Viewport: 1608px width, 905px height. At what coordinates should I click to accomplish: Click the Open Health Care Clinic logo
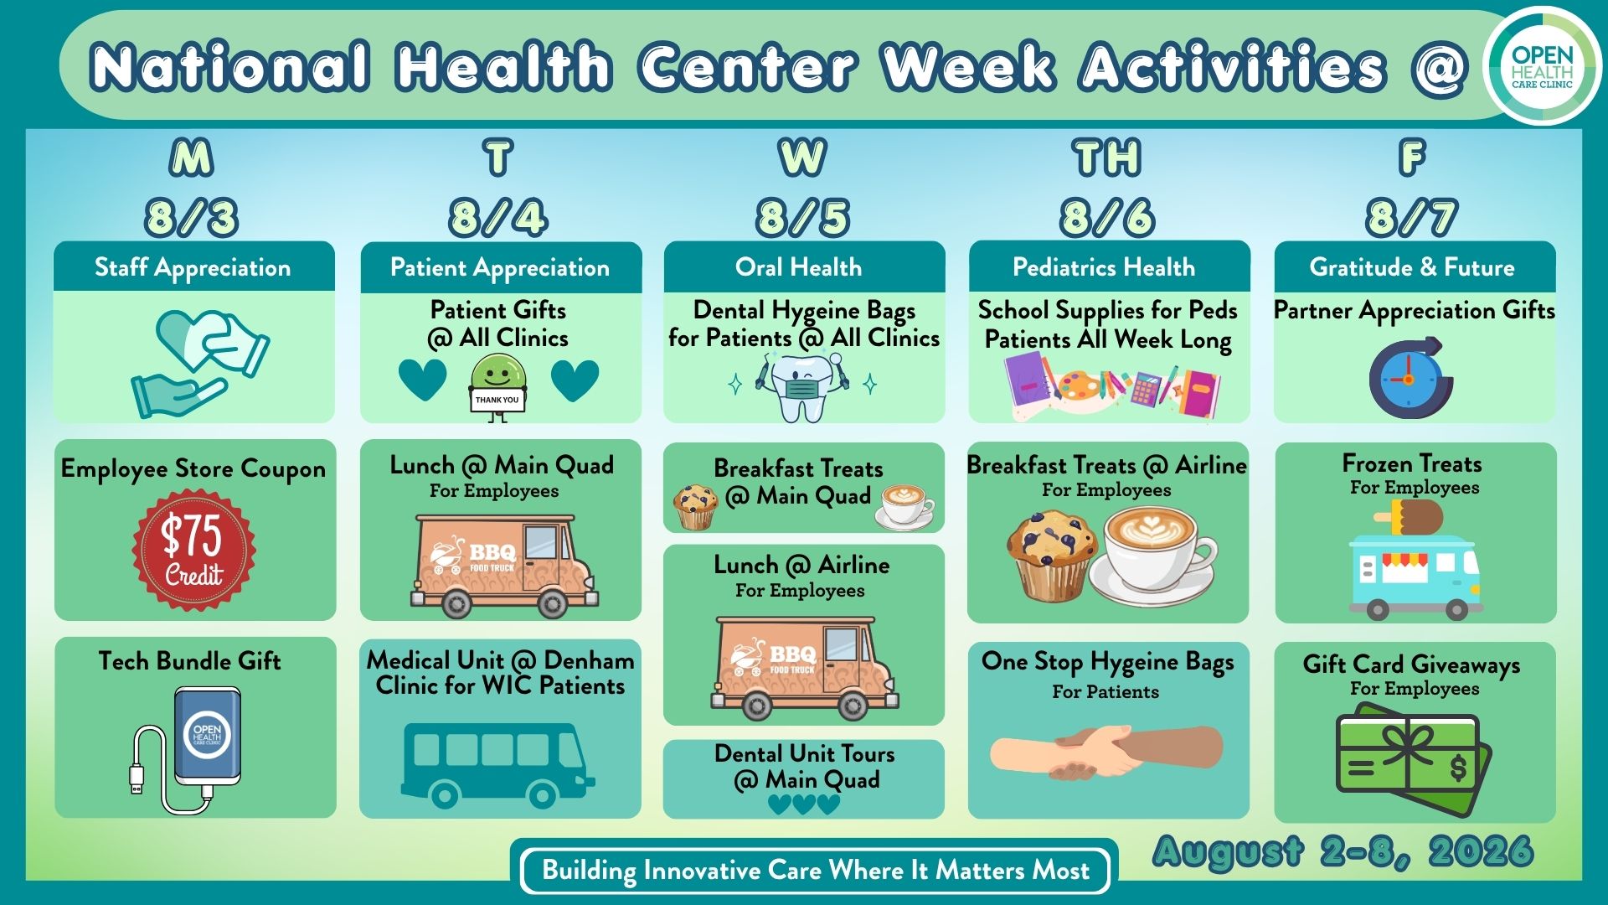(x=1542, y=66)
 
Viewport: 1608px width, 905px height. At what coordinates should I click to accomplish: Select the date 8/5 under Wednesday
(x=803, y=217)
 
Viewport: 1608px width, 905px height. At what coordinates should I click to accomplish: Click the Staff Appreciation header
(x=193, y=267)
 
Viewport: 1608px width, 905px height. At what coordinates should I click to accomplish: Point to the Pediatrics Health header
(x=1104, y=267)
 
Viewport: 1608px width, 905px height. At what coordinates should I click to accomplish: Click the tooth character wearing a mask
(x=801, y=386)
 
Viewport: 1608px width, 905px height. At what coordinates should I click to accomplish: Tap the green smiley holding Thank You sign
(x=498, y=386)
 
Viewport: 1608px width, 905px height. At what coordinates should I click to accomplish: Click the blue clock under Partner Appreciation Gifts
(x=1410, y=379)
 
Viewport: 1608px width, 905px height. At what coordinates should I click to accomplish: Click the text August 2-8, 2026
(x=1343, y=852)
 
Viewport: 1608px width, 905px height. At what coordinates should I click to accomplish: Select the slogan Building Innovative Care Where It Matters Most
(x=816, y=871)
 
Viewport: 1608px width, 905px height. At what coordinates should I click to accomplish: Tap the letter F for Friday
(x=1412, y=157)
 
